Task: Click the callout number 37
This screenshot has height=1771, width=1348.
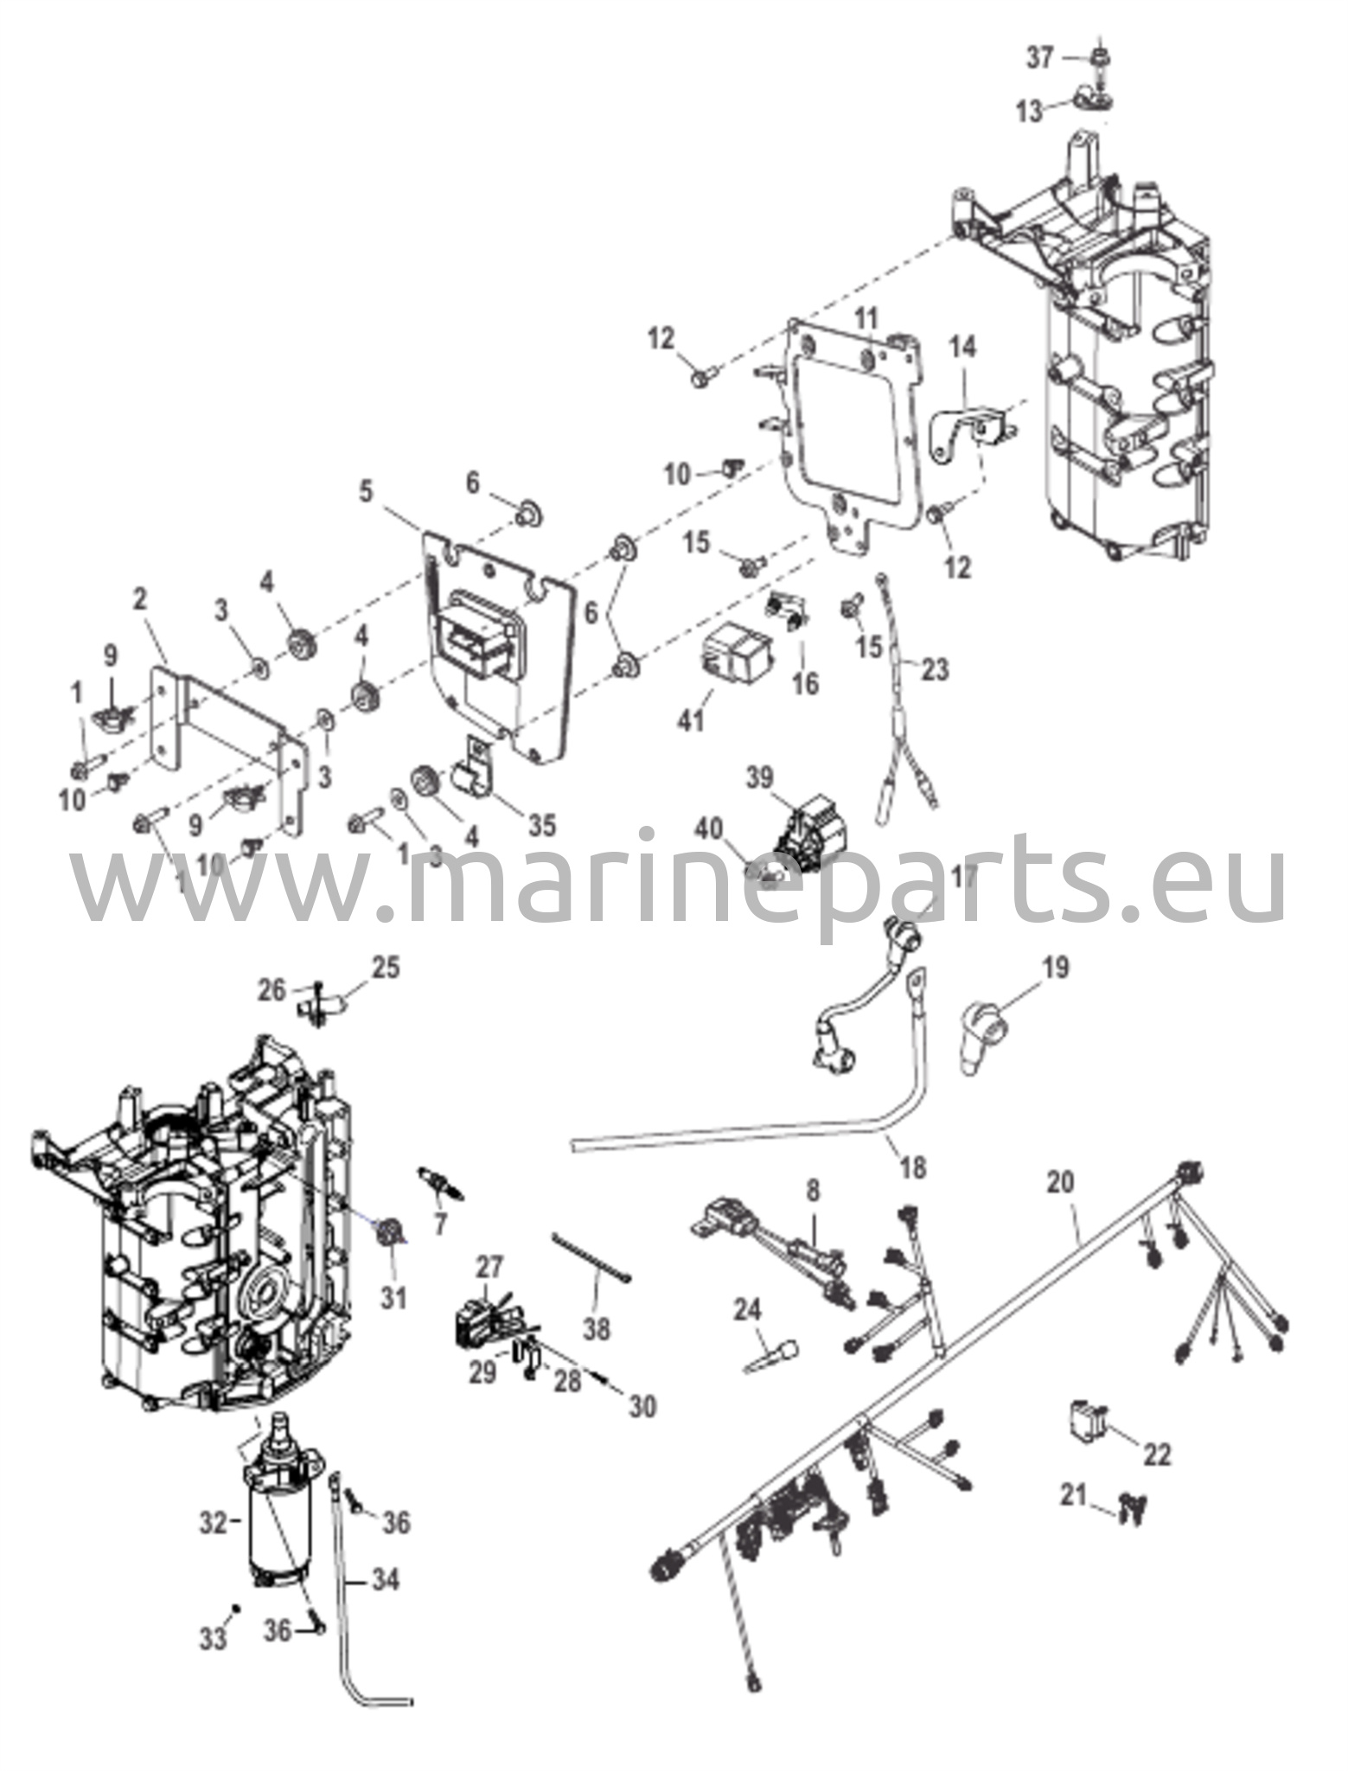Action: pyautogui.click(x=1039, y=58)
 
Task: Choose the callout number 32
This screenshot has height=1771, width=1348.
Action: pyautogui.click(x=213, y=1524)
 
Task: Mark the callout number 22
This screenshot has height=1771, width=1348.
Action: pyautogui.click(x=1157, y=1454)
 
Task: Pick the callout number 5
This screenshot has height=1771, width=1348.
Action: pyautogui.click(x=367, y=492)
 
